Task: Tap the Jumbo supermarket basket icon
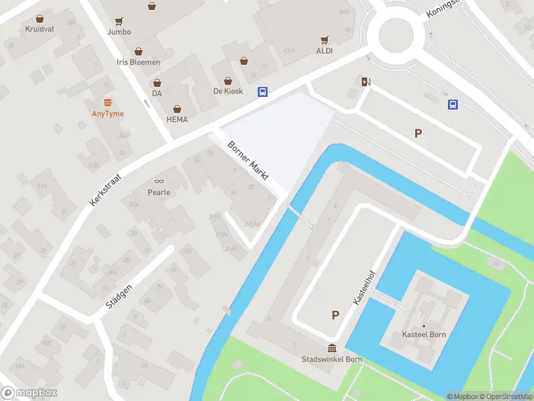tap(152, 7)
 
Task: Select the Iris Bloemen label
tap(138, 62)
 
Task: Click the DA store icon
tap(157, 84)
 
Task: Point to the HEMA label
tap(177, 120)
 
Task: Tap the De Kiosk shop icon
tap(244, 61)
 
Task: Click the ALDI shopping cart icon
tap(324, 40)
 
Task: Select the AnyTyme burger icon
tap(108, 102)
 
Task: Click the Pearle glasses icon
tap(159, 181)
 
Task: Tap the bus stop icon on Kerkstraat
tap(263, 93)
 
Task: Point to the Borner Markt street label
tap(248, 161)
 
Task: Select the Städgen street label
tap(119, 295)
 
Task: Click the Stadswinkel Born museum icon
tap(332, 348)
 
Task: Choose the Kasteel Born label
tap(424, 334)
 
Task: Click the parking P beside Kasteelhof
tap(335, 315)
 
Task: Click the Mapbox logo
tap(29, 393)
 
